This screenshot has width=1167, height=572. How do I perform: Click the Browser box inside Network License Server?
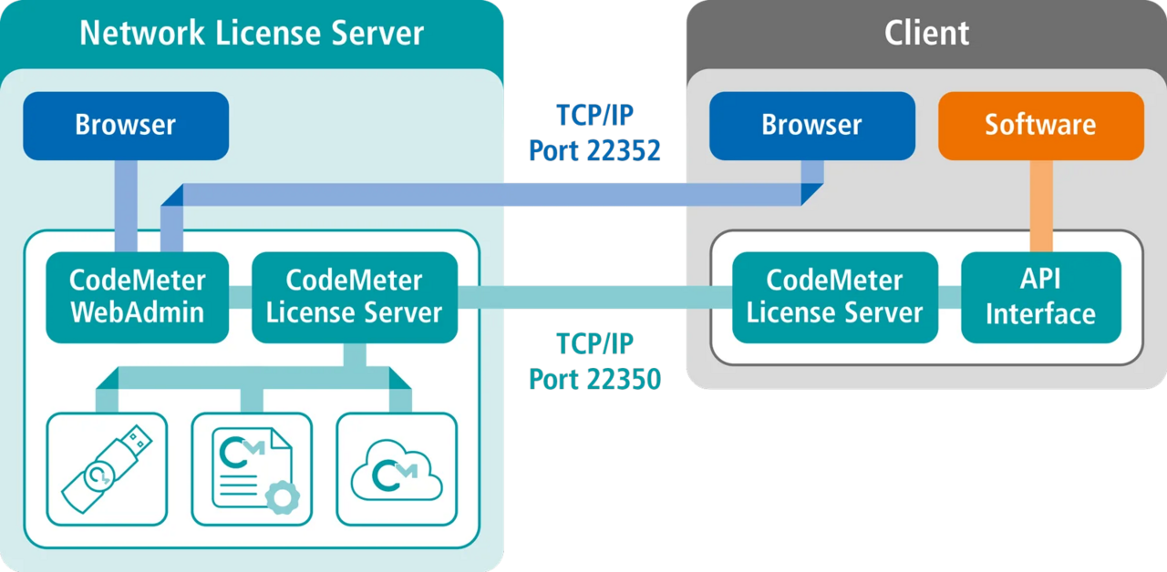[x=126, y=125]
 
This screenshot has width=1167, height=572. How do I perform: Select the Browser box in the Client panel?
[x=811, y=125]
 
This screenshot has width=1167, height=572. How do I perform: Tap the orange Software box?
[x=1040, y=125]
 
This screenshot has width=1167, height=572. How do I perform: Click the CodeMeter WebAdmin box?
[x=138, y=297]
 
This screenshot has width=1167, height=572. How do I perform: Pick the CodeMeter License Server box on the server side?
[x=354, y=297]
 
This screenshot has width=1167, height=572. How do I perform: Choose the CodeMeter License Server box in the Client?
[x=834, y=297]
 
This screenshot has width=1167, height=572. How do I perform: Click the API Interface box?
[x=1040, y=297]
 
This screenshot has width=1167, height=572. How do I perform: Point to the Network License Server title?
[x=252, y=34]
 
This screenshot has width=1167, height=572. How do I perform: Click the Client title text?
[x=926, y=34]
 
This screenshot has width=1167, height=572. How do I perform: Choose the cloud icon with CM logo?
[x=397, y=470]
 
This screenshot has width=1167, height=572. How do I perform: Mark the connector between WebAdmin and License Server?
[x=240, y=297]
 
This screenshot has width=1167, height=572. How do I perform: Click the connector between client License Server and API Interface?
[x=949, y=297]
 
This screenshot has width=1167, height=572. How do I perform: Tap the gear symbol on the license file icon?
[x=281, y=496]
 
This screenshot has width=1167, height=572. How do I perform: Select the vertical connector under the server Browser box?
[x=126, y=206]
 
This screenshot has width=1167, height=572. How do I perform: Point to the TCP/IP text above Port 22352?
[x=594, y=117]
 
